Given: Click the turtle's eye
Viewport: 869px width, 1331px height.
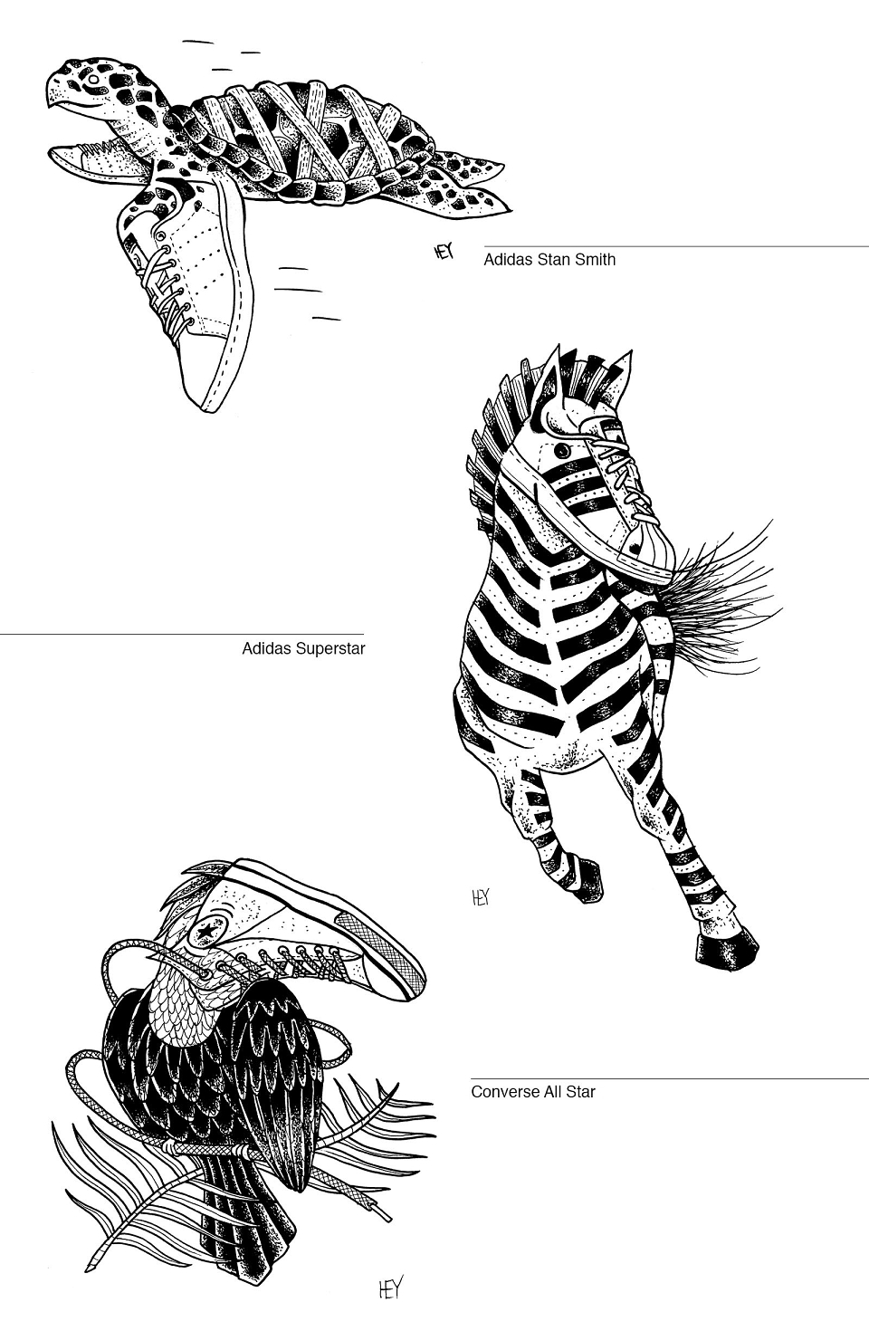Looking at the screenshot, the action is pyautogui.click(x=92, y=79).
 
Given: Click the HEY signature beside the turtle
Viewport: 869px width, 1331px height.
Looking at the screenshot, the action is pyautogui.click(x=444, y=252).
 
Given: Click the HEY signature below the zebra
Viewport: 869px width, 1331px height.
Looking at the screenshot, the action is pyautogui.click(x=480, y=897).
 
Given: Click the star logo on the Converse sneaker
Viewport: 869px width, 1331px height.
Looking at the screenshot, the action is pyautogui.click(x=206, y=933).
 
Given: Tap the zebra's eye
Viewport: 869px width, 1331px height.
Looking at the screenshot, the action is pyautogui.click(x=559, y=450).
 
